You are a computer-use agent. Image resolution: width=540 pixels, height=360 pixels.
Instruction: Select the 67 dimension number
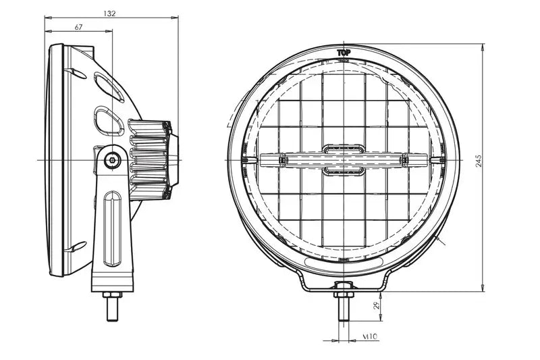click(x=79, y=27)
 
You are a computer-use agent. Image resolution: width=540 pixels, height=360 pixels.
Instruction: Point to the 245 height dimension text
click(x=478, y=161)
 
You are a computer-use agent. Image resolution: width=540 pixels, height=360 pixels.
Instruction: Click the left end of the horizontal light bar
click(x=265, y=160)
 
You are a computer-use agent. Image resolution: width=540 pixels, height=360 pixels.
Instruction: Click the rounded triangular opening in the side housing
click(x=109, y=120)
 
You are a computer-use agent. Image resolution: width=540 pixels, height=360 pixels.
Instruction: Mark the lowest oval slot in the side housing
click(x=78, y=246)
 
